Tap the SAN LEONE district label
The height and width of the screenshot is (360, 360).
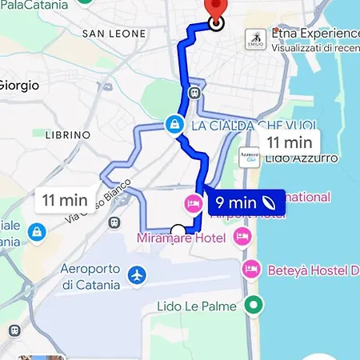114,34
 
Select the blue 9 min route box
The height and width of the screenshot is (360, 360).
246,203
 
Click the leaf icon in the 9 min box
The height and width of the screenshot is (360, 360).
269,203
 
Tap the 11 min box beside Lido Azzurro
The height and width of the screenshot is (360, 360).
289,142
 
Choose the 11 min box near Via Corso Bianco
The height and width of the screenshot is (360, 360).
66,199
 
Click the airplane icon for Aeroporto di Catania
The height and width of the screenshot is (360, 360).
138,276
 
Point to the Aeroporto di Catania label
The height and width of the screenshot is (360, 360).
90,275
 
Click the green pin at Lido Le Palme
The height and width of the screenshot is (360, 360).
254,305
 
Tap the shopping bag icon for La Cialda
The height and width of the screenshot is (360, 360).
174,125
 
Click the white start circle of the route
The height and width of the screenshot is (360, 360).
178,232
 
